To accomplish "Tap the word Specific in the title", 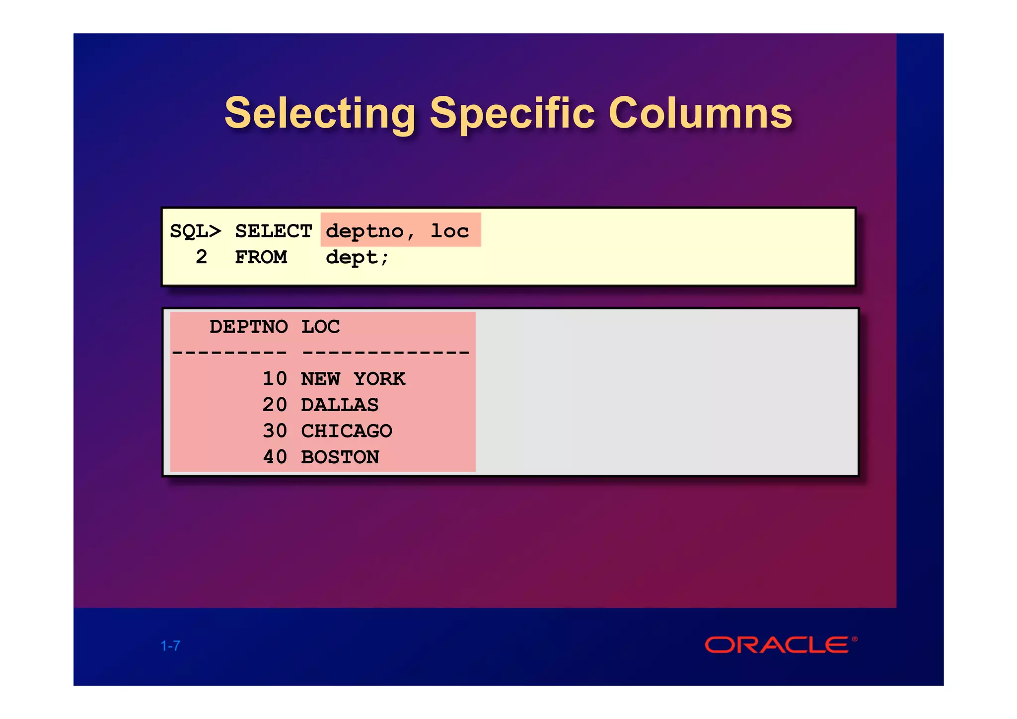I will click(512, 114).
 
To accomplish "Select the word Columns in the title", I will click(700, 114).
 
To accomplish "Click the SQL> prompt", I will click(195, 231).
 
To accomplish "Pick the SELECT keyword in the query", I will click(273, 231).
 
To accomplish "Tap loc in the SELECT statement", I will click(449, 231).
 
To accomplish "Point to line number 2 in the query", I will click(201, 257).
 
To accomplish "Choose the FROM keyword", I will click(261, 257).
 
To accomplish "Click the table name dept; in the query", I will click(357, 257).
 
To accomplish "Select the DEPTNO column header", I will click(248, 327).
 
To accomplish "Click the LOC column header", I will click(320, 327).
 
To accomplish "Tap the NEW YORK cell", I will click(353, 379).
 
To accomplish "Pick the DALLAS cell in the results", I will click(340, 405).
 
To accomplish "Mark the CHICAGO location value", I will click(347, 431).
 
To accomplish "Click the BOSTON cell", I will click(340, 457).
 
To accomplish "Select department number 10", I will click(275, 379).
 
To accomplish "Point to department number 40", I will click(275, 457).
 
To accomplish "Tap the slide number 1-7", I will click(170, 646).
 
